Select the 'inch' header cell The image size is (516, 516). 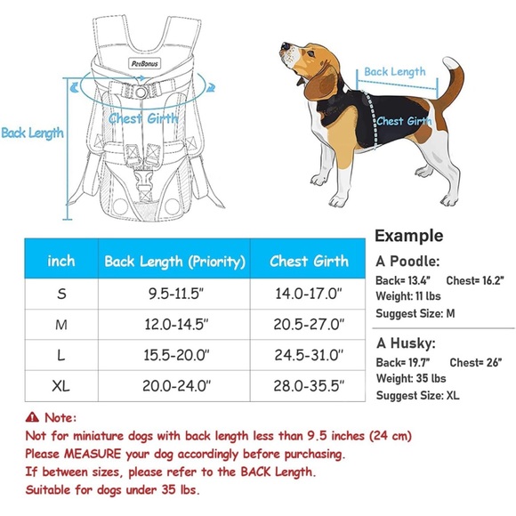(60, 262)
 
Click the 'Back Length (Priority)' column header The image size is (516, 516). (174, 262)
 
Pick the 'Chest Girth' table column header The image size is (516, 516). (309, 262)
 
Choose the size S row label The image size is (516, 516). (60, 294)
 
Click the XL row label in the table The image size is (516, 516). (60, 385)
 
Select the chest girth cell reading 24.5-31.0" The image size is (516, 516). (309, 355)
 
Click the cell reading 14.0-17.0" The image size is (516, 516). (309, 294)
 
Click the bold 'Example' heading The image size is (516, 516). (408, 237)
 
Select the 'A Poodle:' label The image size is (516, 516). (407, 262)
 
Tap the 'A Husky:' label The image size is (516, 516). (405, 343)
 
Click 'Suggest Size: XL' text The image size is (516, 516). (417, 395)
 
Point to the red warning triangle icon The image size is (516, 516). (33, 416)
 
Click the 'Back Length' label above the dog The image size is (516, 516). (395, 71)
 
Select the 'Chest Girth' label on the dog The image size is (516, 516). (403, 122)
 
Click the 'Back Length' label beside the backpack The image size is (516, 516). (32, 133)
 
